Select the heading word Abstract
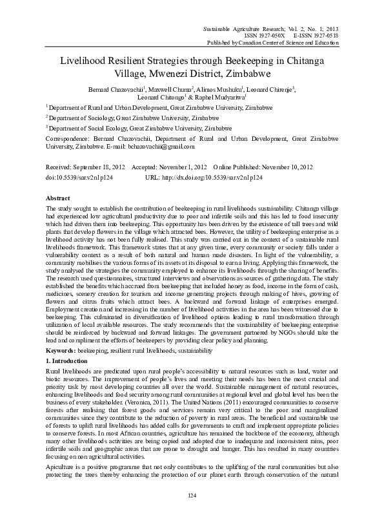pos(59,198)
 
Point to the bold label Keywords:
pos(62,350)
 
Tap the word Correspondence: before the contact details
pos(69,138)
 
